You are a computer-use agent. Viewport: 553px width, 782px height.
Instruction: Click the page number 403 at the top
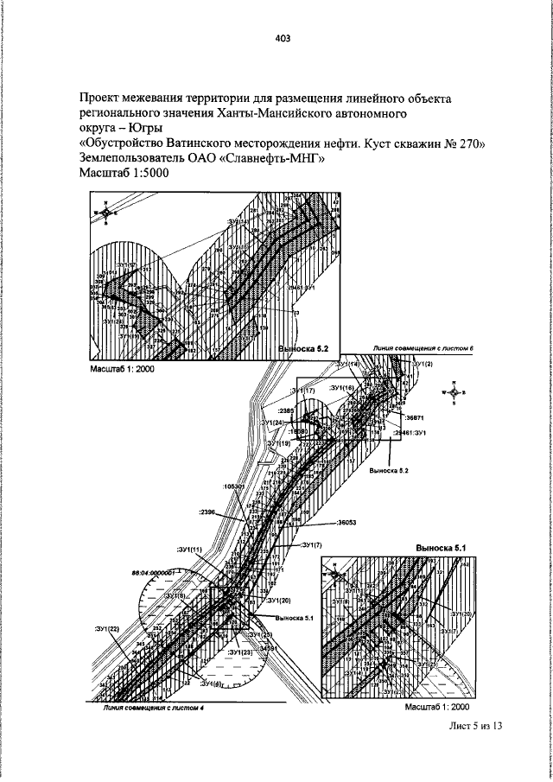click(x=282, y=37)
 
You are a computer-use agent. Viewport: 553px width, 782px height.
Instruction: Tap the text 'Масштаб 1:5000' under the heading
click(x=124, y=174)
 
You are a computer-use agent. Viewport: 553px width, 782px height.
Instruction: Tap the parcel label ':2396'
click(x=210, y=512)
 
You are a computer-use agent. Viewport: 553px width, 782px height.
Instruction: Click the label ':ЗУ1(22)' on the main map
click(x=105, y=629)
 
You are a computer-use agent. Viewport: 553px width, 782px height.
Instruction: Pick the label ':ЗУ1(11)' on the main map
click(x=189, y=550)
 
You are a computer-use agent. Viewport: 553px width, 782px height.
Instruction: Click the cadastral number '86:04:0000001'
click(x=153, y=572)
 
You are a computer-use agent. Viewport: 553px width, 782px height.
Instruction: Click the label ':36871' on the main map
click(x=416, y=416)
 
